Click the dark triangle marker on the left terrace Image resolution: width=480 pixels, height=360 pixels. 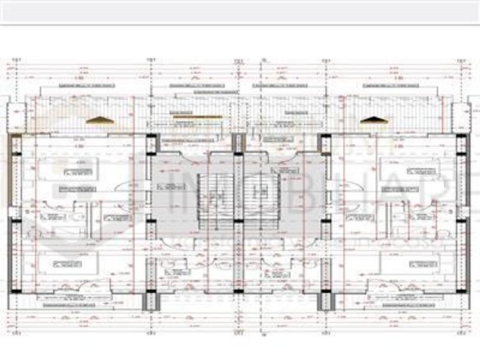[x=100, y=120]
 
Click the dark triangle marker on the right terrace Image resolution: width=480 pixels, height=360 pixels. [x=373, y=120]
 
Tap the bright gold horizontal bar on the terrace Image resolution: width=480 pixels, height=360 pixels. [x=197, y=117]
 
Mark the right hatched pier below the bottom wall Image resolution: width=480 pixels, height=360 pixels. [x=327, y=301]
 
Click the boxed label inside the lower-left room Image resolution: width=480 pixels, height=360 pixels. [x=68, y=263]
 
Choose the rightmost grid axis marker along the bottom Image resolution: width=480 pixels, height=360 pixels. [x=461, y=333]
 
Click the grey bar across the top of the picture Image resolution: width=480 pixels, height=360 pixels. [x=240, y=12]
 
